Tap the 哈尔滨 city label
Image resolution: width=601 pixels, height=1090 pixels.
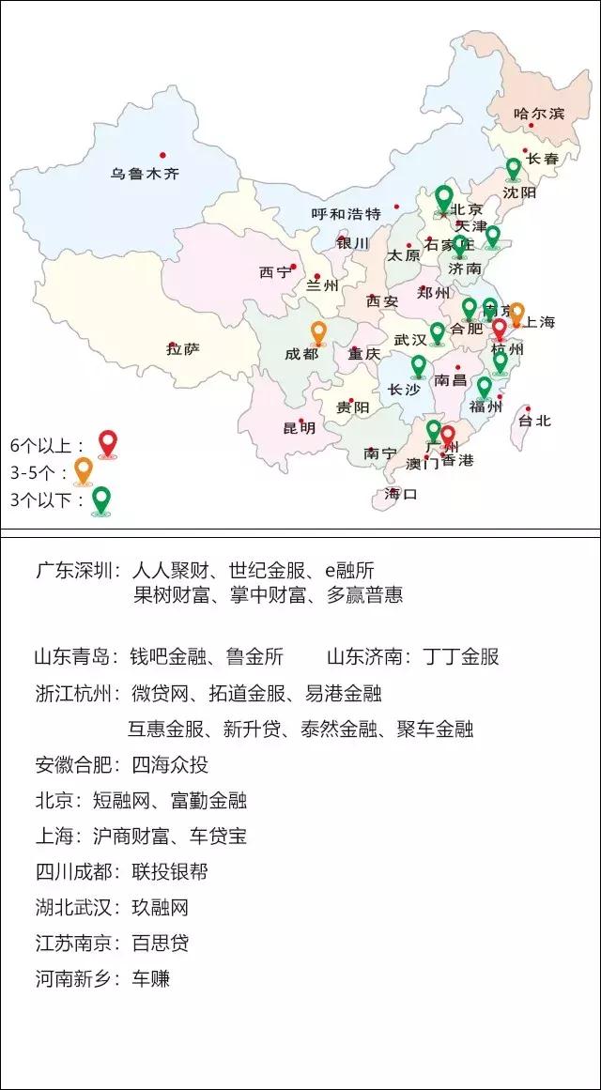coord(538,114)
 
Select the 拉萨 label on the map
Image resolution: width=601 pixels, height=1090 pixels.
coord(182,349)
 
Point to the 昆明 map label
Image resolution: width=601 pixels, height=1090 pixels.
coord(300,428)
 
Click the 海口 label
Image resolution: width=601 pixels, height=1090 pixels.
coord(400,494)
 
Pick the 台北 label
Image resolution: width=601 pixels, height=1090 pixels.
coord(535,421)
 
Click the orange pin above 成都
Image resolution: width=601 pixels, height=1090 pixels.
coord(318,332)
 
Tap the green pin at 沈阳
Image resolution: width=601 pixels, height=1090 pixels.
coord(513,169)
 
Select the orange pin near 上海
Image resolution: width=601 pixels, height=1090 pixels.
coord(516,313)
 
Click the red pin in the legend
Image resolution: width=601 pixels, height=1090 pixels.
coord(108,442)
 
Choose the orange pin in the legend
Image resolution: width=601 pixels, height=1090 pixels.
coord(83,469)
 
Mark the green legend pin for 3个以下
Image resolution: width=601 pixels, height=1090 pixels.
coord(100,499)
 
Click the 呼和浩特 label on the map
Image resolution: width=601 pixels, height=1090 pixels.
coord(346,213)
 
